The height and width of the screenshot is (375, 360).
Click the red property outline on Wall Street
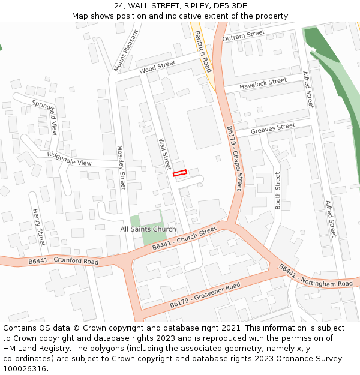pos(180,173)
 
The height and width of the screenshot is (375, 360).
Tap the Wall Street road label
pos(164,154)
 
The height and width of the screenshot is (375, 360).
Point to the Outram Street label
pos(243,37)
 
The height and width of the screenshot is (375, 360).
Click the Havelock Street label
pos(263,84)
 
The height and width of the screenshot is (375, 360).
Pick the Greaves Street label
pos(273,128)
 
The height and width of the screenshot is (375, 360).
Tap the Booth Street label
pos(278,190)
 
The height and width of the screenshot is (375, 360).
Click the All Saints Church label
pos(148,229)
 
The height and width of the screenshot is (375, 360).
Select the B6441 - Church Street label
pos(184,239)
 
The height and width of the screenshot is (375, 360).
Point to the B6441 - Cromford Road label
pos(63,261)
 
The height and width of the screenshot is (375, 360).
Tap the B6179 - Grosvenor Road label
pos(205,295)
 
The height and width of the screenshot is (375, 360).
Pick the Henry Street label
pos(39,227)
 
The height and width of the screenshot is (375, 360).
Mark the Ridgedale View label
pos(69,159)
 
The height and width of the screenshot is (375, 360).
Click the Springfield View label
pos(45,116)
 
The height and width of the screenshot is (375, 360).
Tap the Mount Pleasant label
pos(126,50)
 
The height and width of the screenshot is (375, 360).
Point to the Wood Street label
pos(157,67)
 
